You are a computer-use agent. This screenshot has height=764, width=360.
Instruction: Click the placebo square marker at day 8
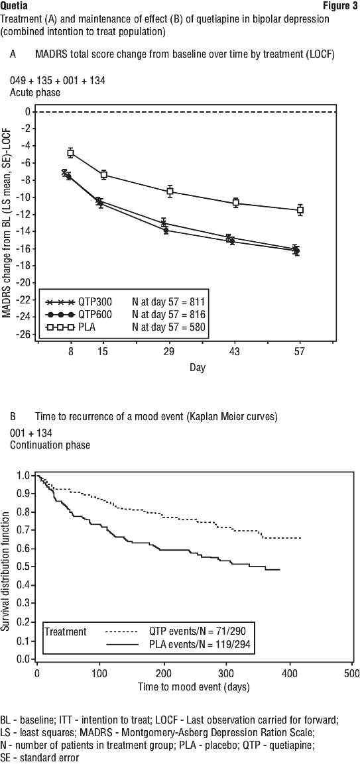click(x=71, y=153)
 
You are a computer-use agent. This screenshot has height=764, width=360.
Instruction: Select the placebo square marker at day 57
click(x=300, y=210)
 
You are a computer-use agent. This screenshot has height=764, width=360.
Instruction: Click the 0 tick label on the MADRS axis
click(x=29, y=111)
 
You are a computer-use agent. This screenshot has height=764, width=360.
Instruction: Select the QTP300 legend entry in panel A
click(x=74, y=302)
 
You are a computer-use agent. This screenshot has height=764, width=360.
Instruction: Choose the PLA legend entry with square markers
click(x=68, y=327)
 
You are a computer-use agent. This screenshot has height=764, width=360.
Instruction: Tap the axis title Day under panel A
click(x=198, y=367)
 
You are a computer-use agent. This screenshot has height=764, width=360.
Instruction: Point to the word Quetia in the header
click(x=14, y=7)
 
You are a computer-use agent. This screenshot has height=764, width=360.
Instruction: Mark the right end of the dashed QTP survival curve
click(x=301, y=537)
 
